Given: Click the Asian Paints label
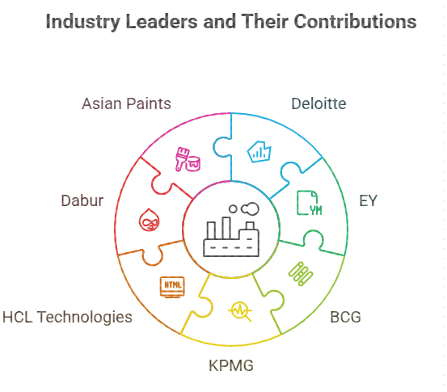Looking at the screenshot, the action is (x=126, y=103).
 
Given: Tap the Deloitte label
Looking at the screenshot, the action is (x=318, y=103).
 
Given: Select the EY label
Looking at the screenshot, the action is (x=369, y=200).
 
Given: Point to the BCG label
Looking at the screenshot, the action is (x=345, y=317).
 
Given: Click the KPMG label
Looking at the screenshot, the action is (x=231, y=365).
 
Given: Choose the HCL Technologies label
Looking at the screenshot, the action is (x=68, y=317).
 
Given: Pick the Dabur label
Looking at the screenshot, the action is (x=82, y=200).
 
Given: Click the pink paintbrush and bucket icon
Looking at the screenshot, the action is (x=188, y=159).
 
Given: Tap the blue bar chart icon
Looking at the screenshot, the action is (x=259, y=152).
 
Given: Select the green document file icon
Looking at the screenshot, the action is (x=310, y=203).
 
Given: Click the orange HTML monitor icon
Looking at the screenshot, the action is (x=172, y=287).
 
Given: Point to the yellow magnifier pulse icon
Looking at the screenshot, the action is (x=240, y=311).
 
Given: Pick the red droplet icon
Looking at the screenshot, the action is (x=149, y=220).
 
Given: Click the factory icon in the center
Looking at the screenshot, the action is (x=231, y=230).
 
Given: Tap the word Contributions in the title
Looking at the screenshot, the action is (x=355, y=22).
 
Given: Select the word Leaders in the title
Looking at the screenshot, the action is (x=162, y=22).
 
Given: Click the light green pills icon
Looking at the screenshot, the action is (x=301, y=274).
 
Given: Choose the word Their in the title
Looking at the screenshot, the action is (x=265, y=22).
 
